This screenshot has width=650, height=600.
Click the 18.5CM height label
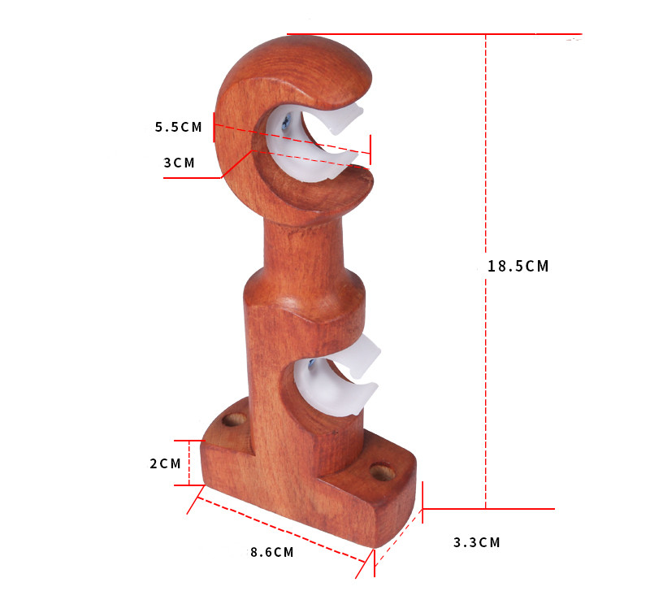[518, 266]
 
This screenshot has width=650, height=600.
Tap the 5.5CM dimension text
[178, 127]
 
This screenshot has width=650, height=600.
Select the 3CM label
[180, 163]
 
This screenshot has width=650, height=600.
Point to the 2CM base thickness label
[165, 463]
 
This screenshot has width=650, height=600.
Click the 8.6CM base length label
[271, 552]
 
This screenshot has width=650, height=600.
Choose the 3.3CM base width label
[476, 542]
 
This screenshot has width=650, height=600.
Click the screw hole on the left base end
[235, 420]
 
